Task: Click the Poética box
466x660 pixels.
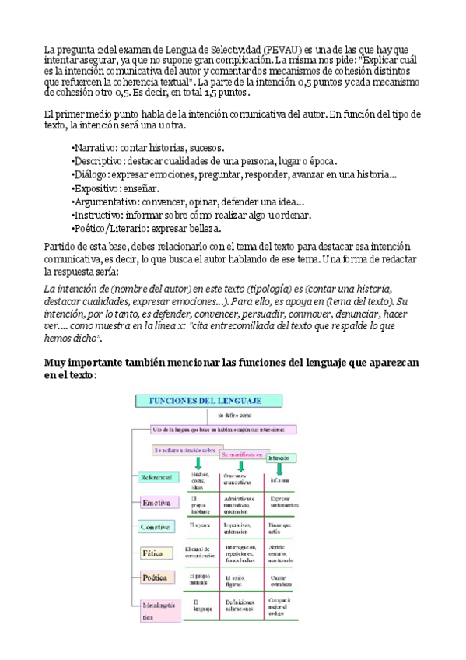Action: pyautogui.click(x=156, y=577)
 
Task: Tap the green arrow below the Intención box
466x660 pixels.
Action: pyautogui.click(x=279, y=469)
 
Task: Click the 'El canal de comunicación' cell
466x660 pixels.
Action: pyautogui.click(x=200, y=553)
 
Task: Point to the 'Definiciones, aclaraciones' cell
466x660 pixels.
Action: pyautogui.click(x=241, y=606)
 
